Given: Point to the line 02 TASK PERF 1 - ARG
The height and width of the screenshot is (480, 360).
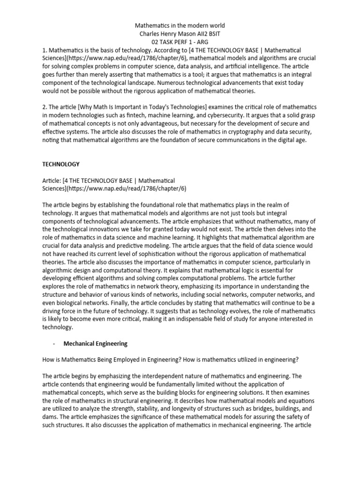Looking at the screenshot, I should (x=180, y=41).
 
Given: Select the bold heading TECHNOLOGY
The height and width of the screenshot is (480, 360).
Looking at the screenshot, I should (x=61, y=164).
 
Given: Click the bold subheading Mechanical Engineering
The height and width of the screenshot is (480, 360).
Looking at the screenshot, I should (x=95, y=344).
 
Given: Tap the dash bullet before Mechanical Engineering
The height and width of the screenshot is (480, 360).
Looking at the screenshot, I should (x=55, y=344).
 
